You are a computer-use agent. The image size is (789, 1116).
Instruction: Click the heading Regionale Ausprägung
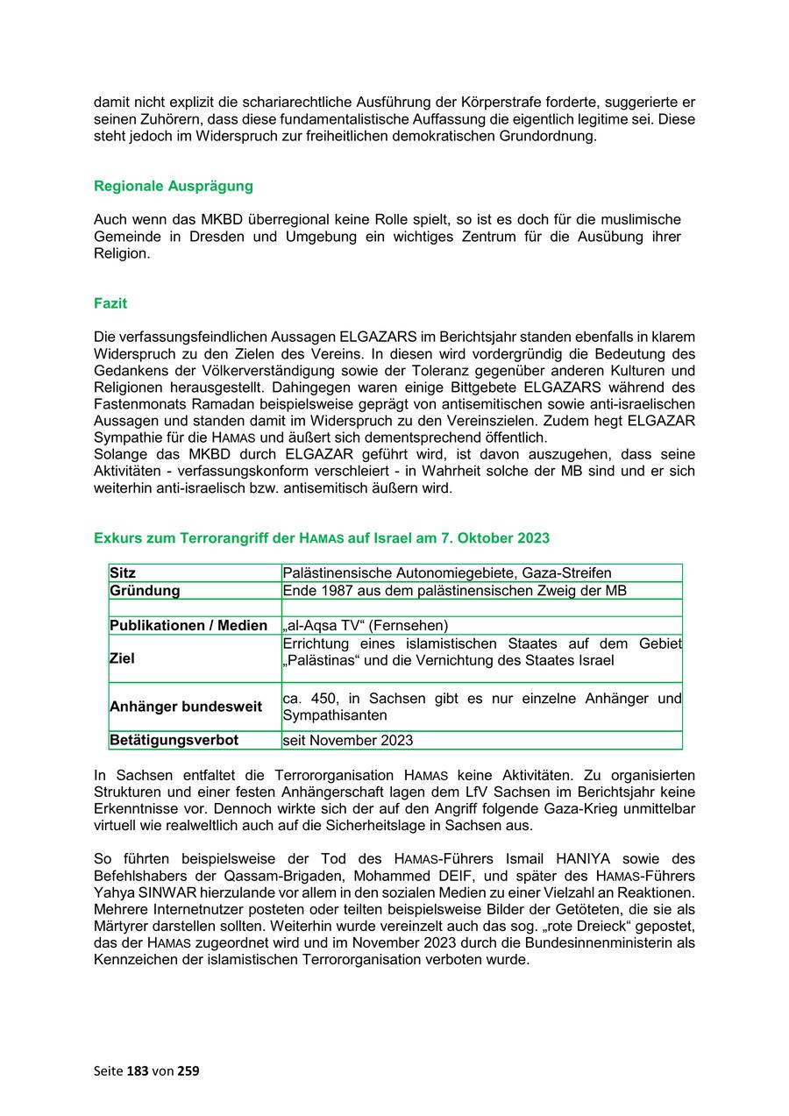point(174,186)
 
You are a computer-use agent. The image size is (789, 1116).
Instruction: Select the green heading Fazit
point(110,303)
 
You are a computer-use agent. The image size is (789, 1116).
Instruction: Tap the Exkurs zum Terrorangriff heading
point(322,537)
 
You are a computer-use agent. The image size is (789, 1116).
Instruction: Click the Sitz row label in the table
point(124,573)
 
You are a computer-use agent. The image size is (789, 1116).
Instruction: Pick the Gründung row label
point(145,591)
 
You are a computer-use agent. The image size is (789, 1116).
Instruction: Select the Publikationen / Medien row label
point(188,626)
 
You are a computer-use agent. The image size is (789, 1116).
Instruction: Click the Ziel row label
point(123,658)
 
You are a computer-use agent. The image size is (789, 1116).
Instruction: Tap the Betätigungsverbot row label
point(174,741)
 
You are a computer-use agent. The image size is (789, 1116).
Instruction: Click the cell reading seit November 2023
point(347,741)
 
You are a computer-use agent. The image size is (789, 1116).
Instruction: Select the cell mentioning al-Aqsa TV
point(366,626)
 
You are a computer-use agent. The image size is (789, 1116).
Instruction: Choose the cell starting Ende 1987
point(454,591)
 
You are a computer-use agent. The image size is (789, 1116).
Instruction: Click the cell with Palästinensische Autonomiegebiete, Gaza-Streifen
point(447,573)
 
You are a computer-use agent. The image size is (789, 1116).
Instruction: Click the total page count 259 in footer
point(188,1070)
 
